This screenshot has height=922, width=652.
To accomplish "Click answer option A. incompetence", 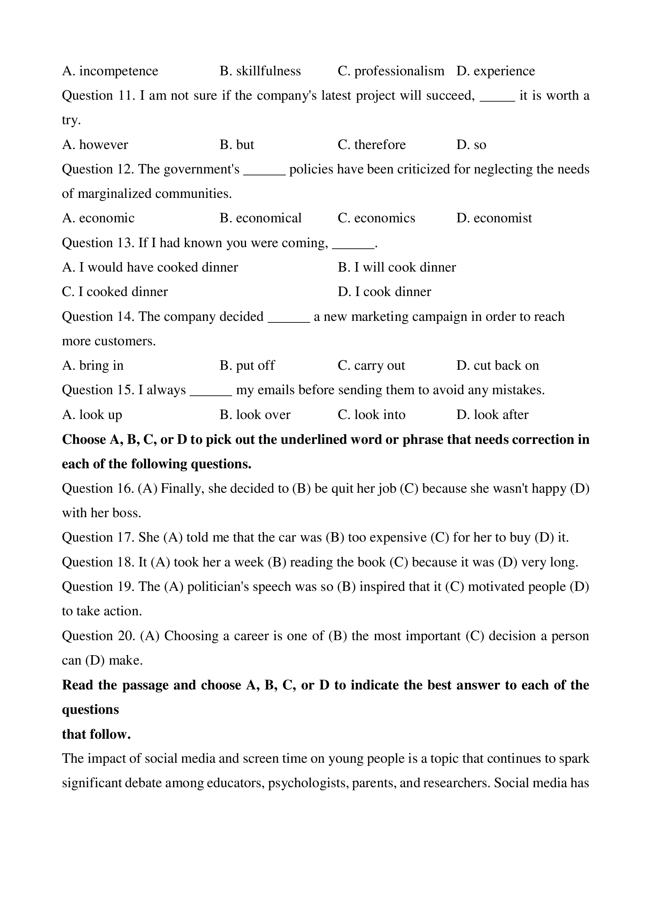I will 110,71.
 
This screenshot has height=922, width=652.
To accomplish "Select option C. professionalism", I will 391,71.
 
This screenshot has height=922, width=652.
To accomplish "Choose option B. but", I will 237,145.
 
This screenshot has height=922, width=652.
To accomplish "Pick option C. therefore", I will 371,145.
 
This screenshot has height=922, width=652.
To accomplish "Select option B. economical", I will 260,218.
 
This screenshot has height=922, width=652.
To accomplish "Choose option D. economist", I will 494,218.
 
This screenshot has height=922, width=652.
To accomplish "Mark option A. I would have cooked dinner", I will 150,267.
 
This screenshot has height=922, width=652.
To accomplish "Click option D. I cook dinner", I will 384,292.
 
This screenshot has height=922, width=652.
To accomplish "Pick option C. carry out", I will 371,365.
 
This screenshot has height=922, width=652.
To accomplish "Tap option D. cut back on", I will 497,365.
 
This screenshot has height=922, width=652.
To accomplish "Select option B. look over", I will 255,415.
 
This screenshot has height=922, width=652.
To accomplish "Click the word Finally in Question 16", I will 182,489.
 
